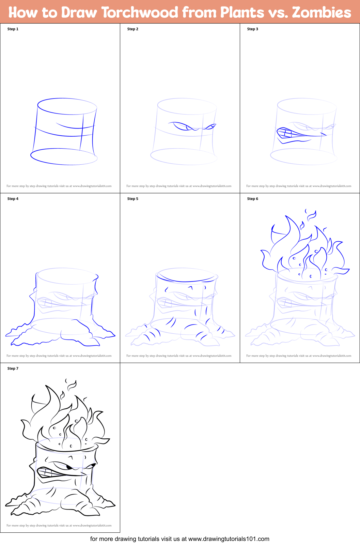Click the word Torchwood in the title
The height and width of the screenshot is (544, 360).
140,13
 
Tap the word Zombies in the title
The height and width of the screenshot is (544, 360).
321,13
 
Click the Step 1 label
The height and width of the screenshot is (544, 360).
13,29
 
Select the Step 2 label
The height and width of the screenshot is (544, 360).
133,29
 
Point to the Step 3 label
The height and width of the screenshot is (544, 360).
253,29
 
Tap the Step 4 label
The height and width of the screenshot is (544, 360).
13,199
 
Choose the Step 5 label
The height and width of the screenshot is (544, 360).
133,199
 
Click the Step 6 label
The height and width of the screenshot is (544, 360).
253,199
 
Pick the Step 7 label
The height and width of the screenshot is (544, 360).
13,368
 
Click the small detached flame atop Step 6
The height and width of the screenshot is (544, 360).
311,215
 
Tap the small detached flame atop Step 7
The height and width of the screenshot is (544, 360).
71,385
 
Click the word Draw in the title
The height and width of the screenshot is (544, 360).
79,13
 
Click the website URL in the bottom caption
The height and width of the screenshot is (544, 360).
229,539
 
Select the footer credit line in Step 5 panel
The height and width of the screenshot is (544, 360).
179,356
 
